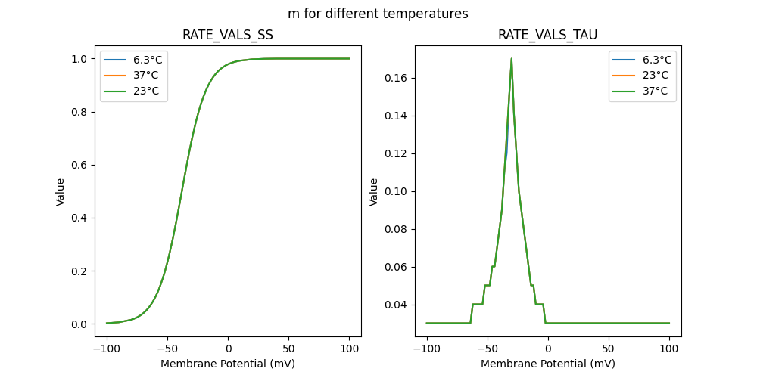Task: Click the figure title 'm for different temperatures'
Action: [378, 14]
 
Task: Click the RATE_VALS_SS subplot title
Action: [228, 35]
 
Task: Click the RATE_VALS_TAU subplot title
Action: [548, 35]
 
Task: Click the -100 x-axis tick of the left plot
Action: [107, 349]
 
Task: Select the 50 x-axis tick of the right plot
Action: [609, 349]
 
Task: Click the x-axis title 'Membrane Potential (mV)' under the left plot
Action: [228, 364]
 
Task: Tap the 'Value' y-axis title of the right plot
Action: [374, 192]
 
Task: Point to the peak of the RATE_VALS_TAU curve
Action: [512, 58]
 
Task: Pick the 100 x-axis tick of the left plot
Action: [349, 349]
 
